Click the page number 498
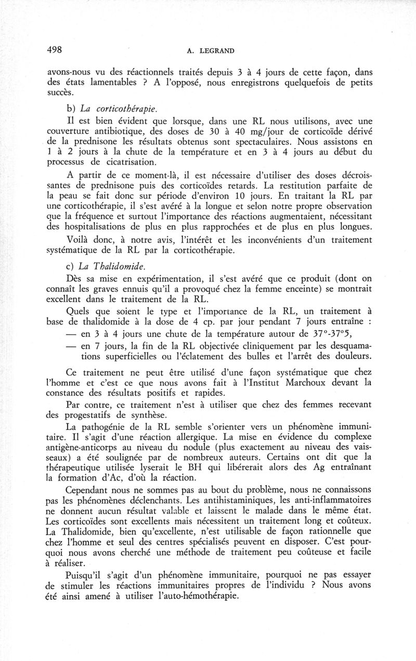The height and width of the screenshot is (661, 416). (x=54, y=50)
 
